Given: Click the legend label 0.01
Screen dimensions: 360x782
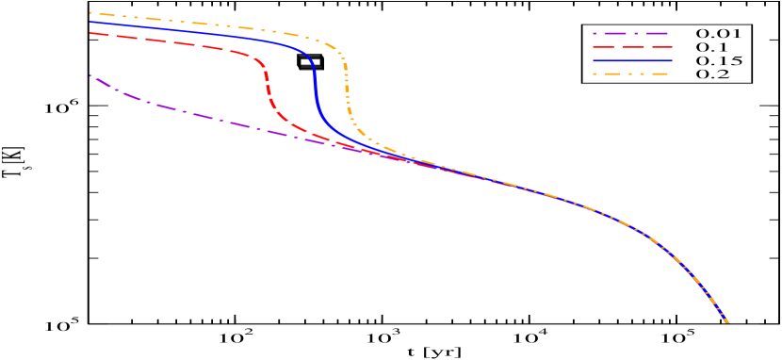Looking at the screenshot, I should tap(718, 34).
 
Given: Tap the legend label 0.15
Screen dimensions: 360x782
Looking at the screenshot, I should tap(718, 61).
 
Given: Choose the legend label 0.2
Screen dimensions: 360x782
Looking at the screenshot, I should tap(711, 74).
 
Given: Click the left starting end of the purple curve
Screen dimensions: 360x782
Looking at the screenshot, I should tap(90, 75).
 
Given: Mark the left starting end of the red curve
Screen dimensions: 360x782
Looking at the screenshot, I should tap(90, 33).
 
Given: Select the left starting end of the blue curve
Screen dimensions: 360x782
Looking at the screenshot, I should tap(90, 22).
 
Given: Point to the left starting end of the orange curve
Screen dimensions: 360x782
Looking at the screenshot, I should tap(90, 13).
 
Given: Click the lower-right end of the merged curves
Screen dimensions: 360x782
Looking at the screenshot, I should tap(727, 322).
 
